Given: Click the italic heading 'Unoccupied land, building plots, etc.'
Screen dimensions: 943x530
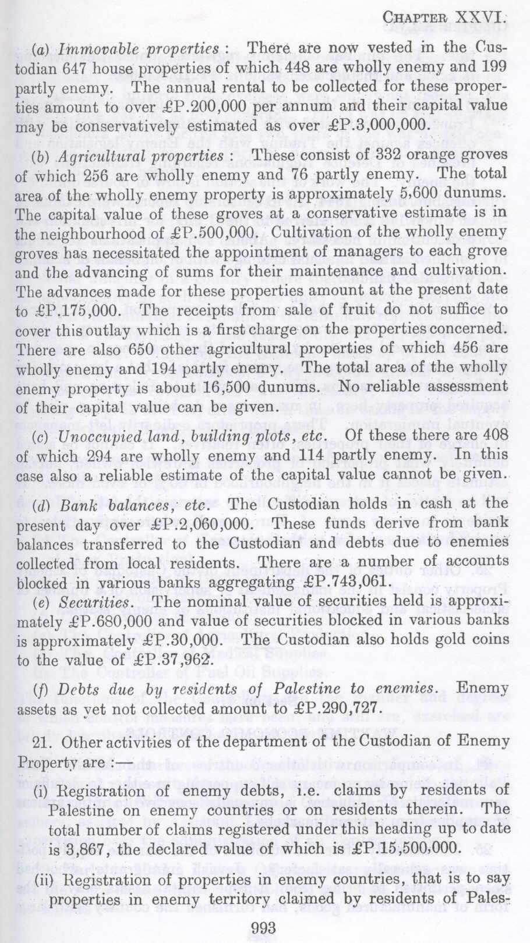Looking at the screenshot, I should [x=200, y=434].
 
